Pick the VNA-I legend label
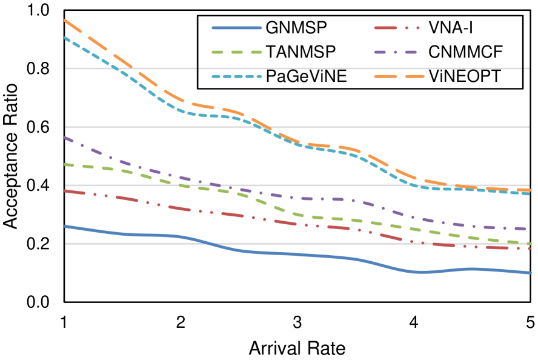(450, 27)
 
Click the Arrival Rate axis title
(297, 348)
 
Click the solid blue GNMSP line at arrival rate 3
(297, 255)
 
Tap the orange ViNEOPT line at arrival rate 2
(181, 102)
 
